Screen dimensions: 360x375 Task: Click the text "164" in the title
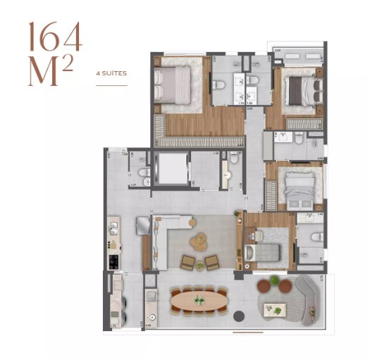pyautogui.click(x=55, y=36)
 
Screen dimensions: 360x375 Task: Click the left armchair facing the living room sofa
pyautogui.click(x=188, y=263)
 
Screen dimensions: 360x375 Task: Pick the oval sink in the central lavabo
pyautogui.click(x=227, y=174)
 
